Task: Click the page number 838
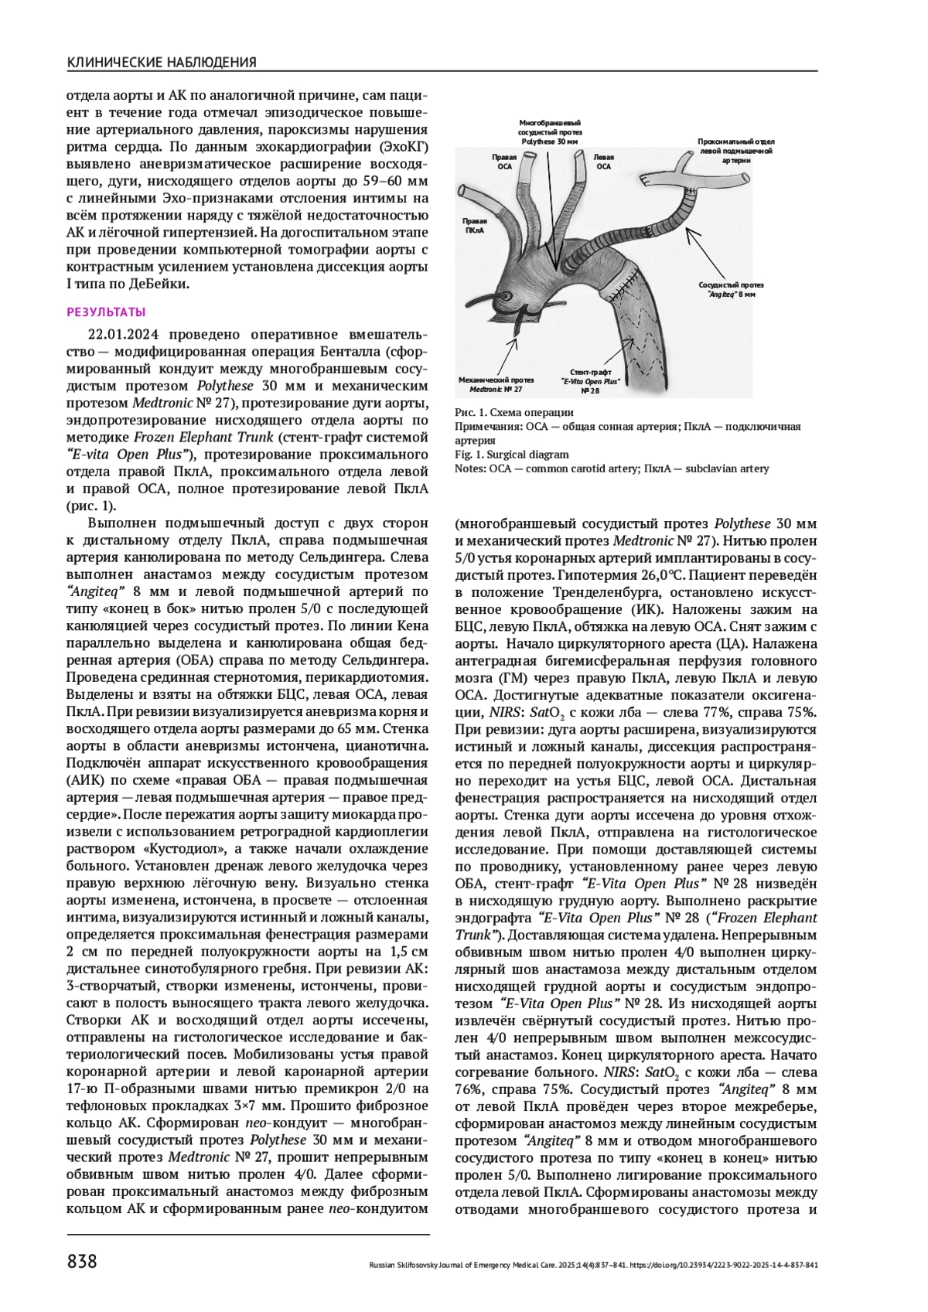tap(82, 1263)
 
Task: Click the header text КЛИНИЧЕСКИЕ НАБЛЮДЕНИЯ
tap(162, 62)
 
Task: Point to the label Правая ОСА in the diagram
tap(504, 161)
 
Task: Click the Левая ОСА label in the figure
tap(603, 161)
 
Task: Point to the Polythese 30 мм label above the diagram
tap(549, 132)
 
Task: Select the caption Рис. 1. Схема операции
tap(513, 412)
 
